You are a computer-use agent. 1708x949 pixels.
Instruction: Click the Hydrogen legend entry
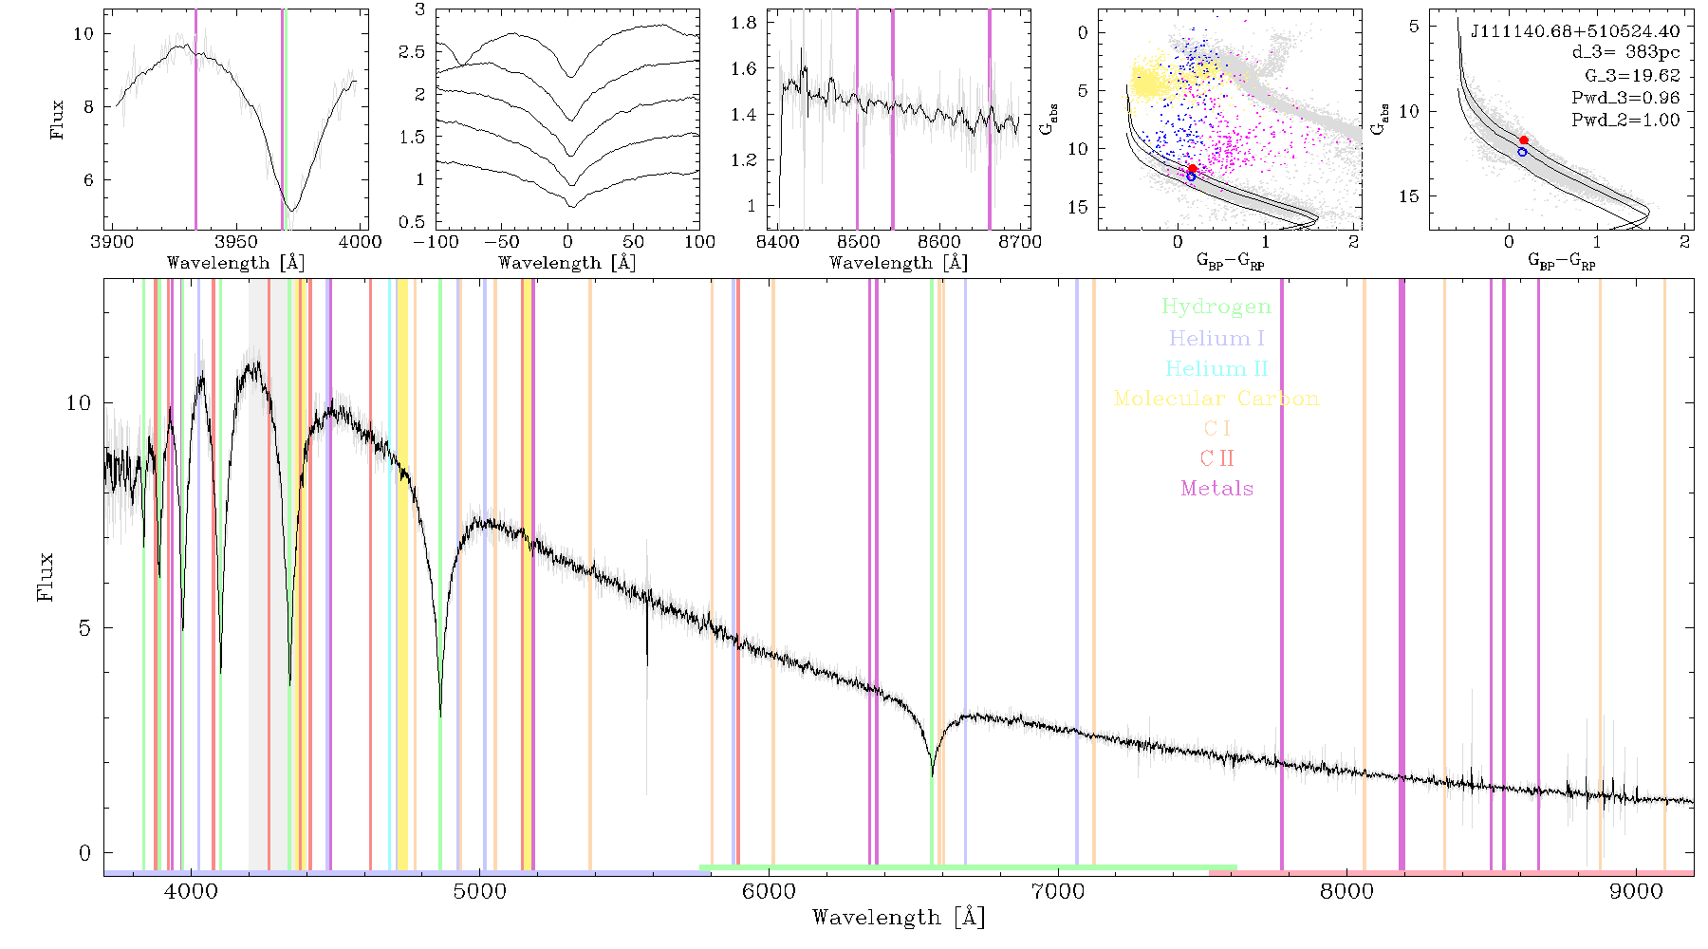(x=1216, y=307)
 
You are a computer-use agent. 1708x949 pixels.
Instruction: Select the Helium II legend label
(x=1216, y=368)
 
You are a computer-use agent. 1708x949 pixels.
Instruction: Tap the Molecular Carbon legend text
(x=1216, y=399)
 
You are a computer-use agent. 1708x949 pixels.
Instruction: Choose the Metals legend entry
(x=1216, y=489)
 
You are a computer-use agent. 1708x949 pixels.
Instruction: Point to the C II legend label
(x=1216, y=458)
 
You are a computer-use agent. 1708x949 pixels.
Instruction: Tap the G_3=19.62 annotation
(x=1632, y=76)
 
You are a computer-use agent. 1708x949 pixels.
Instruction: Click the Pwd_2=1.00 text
(x=1625, y=121)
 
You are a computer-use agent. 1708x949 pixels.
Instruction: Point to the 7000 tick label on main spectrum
(x=1058, y=891)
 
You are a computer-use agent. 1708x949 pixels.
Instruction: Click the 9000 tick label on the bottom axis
(x=1636, y=891)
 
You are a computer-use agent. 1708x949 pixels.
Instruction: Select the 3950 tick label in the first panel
(x=235, y=242)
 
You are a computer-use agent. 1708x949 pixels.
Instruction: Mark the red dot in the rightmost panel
(x=1524, y=140)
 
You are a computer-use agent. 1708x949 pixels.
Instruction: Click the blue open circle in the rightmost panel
(x=1522, y=152)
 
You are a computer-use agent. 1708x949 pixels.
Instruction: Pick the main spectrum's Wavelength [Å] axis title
(x=899, y=918)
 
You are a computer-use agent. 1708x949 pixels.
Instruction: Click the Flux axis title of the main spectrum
(x=45, y=577)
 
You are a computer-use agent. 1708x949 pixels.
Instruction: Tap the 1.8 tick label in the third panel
(x=745, y=23)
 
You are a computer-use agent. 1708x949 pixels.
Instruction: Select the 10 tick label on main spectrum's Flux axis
(x=79, y=403)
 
